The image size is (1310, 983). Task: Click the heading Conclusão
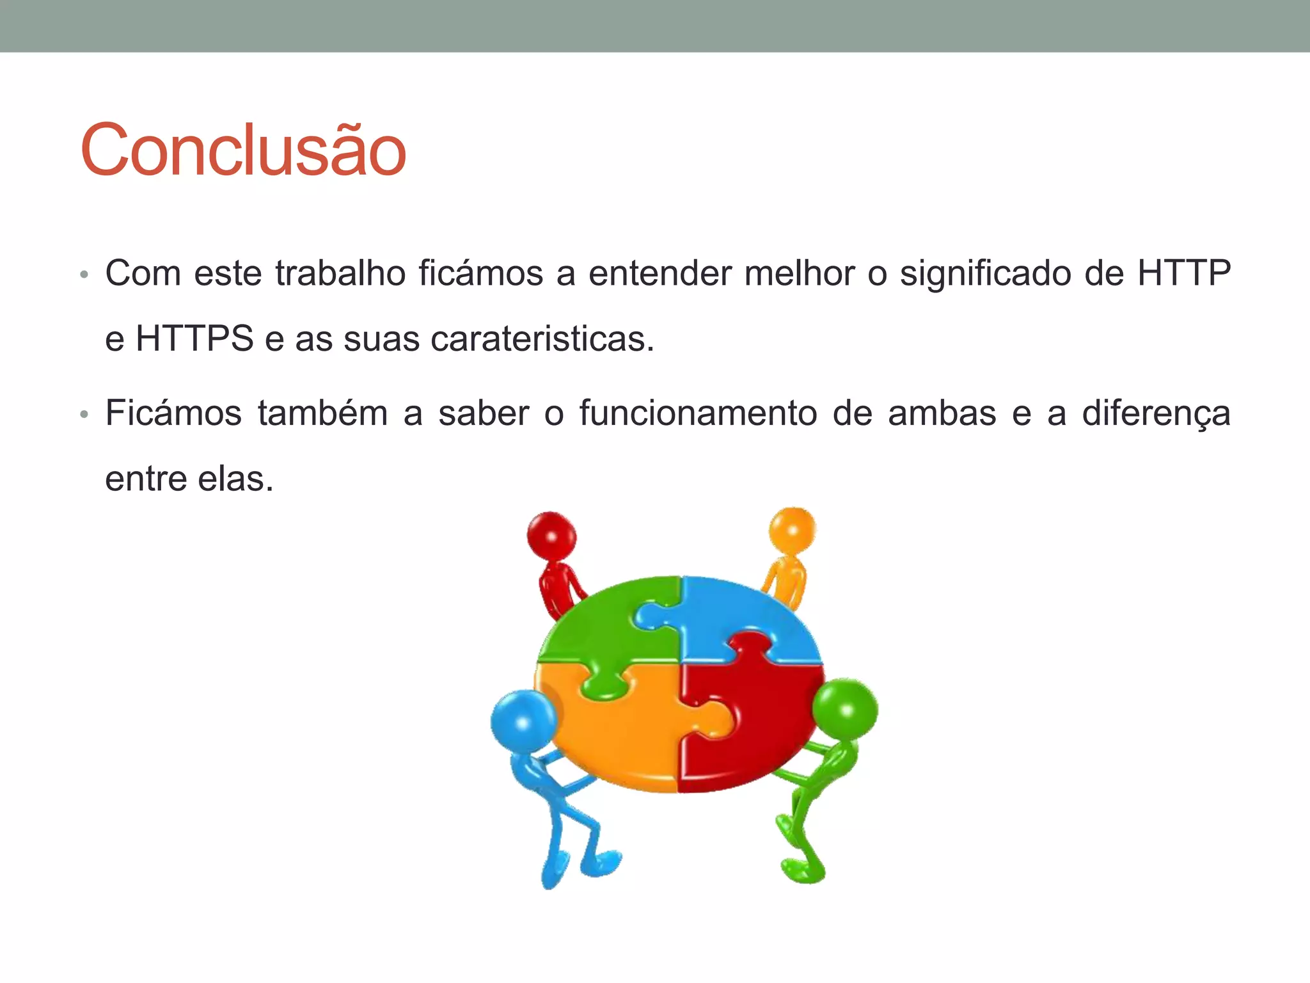(x=243, y=150)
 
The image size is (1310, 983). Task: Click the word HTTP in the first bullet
(x=1184, y=273)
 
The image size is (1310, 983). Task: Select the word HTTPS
(x=194, y=339)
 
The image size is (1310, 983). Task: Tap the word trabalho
(x=340, y=273)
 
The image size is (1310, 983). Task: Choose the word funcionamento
(x=698, y=413)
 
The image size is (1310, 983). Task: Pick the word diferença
(x=1156, y=414)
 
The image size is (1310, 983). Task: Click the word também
(x=323, y=413)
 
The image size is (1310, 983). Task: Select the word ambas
(x=942, y=413)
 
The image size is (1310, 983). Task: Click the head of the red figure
(x=551, y=535)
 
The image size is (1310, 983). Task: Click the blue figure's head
(x=523, y=721)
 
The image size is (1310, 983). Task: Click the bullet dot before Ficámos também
(x=83, y=415)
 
